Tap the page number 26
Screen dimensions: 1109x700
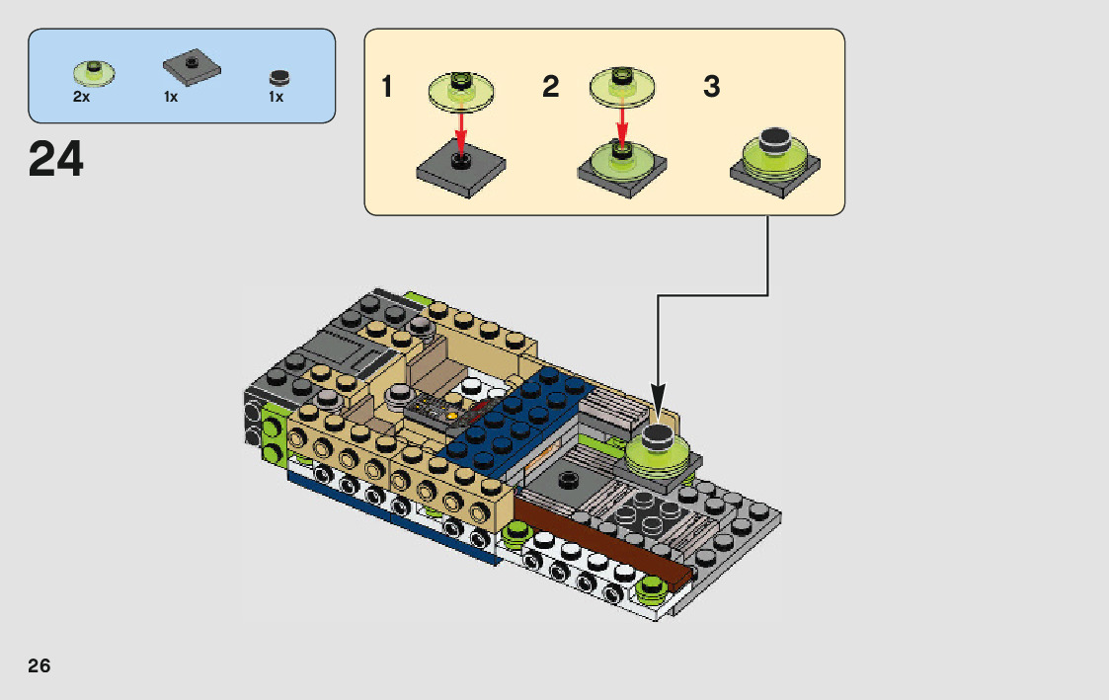(x=40, y=665)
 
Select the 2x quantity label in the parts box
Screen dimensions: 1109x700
(x=81, y=96)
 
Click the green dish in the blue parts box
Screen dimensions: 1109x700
(x=94, y=73)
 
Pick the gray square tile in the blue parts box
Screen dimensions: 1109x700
(x=192, y=67)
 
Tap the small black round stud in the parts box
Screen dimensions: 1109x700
(x=279, y=77)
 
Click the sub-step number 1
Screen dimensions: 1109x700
(x=386, y=87)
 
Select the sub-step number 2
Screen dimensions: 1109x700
(x=550, y=87)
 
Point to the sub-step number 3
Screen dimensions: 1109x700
(x=711, y=87)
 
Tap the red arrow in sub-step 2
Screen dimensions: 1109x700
(x=622, y=125)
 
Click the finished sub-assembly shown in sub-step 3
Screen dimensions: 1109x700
(x=775, y=163)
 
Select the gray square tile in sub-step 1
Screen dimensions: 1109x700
(x=461, y=168)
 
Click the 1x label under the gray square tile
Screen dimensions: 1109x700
(x=171, y=97)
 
